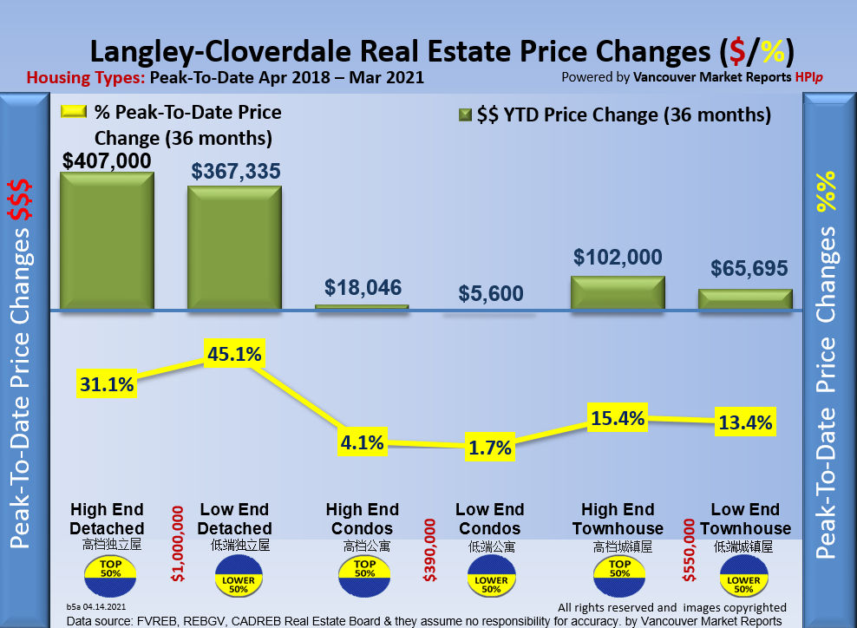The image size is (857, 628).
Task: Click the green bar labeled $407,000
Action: (x=107, y=240)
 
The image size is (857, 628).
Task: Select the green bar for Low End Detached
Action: (x=234, y=248)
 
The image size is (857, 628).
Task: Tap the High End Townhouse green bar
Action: (x=618, y=292)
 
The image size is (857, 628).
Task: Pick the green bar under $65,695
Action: (x=745, y=299)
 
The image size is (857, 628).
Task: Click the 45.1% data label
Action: (x=233, y=354)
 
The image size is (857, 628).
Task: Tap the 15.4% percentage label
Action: (x=618, y=418)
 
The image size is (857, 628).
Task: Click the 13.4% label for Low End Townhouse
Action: (x=745, y=422)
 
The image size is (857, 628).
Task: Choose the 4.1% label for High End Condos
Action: (x=363, y=442)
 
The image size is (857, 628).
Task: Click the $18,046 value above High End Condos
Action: (x=363, y=287)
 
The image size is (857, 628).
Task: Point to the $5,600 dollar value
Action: (x=490, y=293)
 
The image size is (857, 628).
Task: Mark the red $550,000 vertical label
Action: (x=689, y=550)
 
